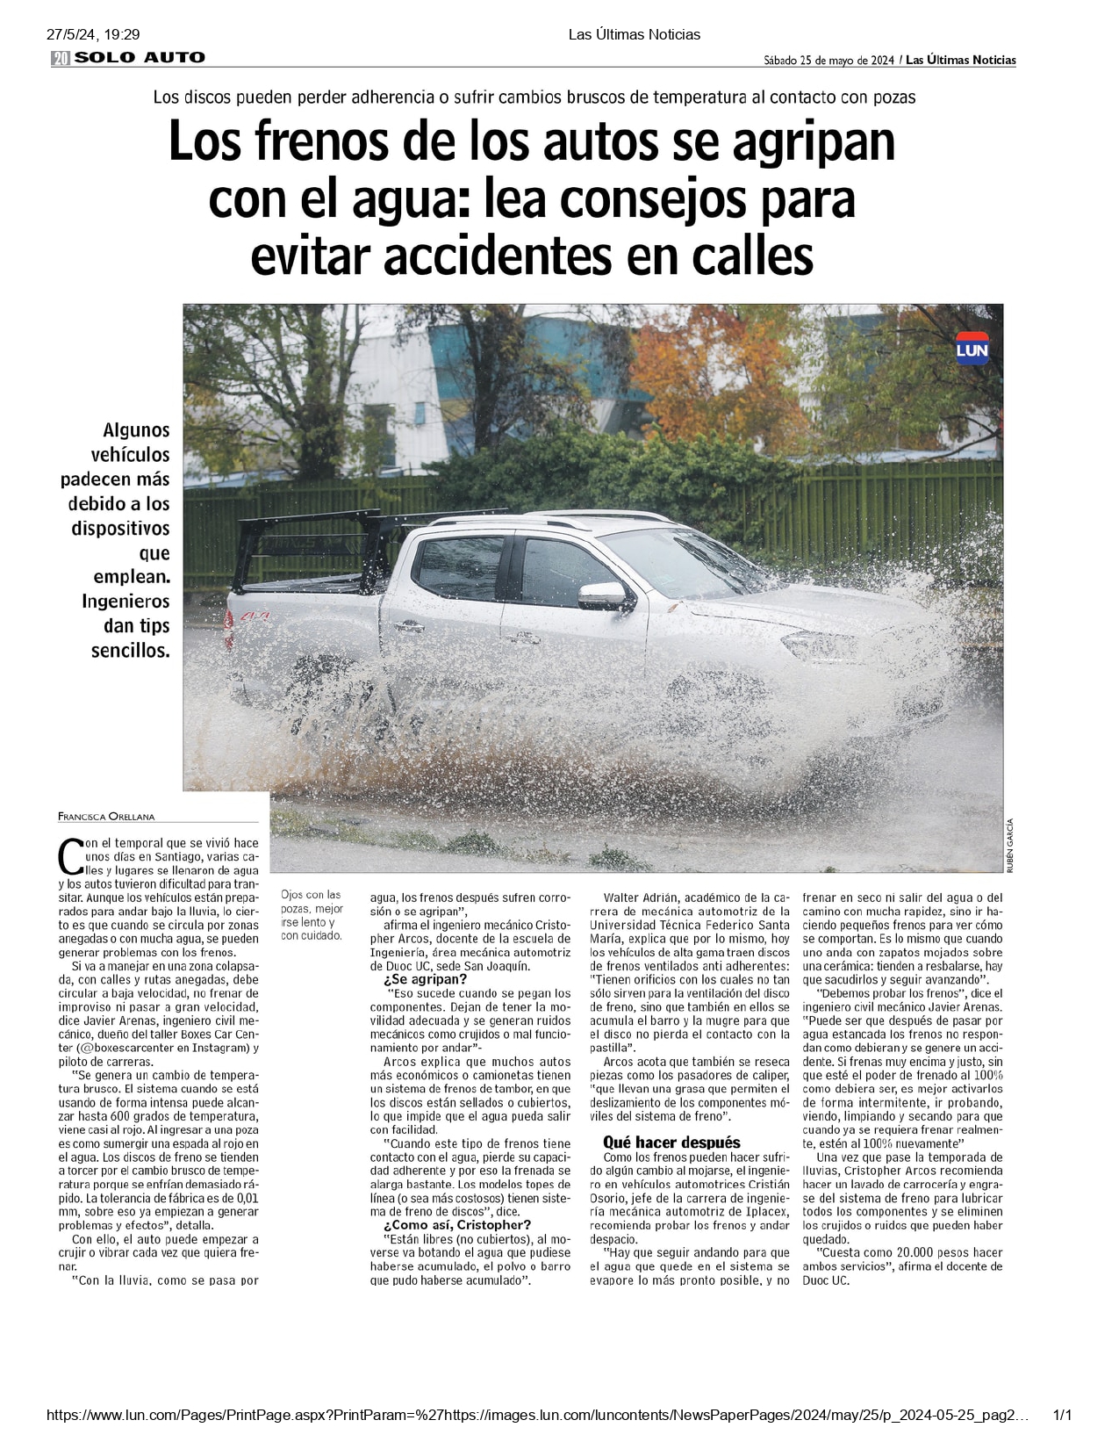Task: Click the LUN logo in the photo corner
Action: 972,349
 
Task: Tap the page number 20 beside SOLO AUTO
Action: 61,59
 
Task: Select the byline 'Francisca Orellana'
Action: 106,817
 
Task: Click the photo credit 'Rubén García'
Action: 1010,844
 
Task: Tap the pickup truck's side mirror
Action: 603,596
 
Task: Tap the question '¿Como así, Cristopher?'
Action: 456,1225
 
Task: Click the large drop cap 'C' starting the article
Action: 69,854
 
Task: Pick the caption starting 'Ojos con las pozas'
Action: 312,915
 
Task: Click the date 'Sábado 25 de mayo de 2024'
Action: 828,61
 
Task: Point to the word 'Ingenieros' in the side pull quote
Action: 126,602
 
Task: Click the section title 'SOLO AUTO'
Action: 140,58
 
